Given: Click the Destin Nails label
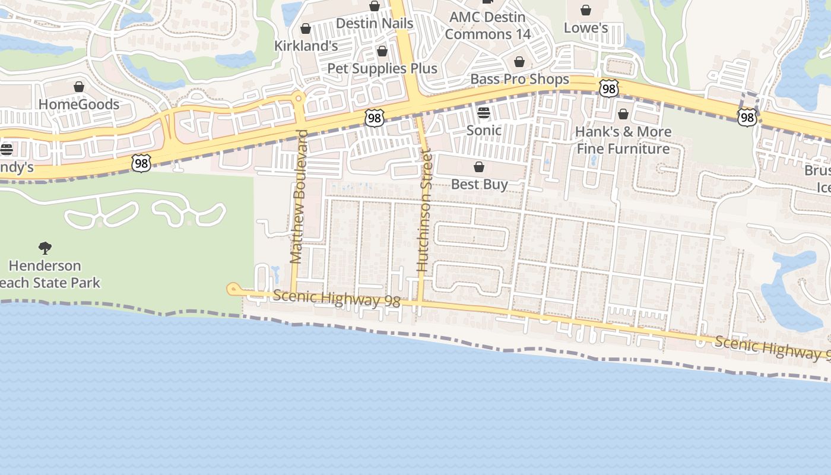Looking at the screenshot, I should click(374, 23).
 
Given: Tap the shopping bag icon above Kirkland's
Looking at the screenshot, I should click(306, 28).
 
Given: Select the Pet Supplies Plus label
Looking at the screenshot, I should click(382, 68).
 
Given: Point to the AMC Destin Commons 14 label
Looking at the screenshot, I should click(488, 26).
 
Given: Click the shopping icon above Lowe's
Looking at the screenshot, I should click(586, 10).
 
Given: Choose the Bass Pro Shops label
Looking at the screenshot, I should click(519, 79).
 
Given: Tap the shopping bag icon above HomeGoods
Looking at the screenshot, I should click(79, 87).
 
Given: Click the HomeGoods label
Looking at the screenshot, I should click(79, 104).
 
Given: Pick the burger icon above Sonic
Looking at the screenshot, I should click(484, 113).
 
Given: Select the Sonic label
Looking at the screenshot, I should click(484, 130).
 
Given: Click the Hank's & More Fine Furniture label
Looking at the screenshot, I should click(623, 140).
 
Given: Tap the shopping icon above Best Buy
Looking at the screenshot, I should click(479, 167).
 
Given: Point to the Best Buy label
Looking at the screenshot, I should click(479, 184).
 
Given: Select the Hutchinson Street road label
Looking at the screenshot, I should click(423, 211).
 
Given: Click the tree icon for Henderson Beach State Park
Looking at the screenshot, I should click(45, 248).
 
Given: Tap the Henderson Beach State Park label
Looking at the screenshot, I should click(47, 274).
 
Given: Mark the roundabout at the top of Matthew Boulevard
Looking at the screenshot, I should click(299, 98).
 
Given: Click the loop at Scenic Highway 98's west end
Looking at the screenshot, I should click(233, 289).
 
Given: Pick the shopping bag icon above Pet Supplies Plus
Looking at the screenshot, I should click(382, 51).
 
